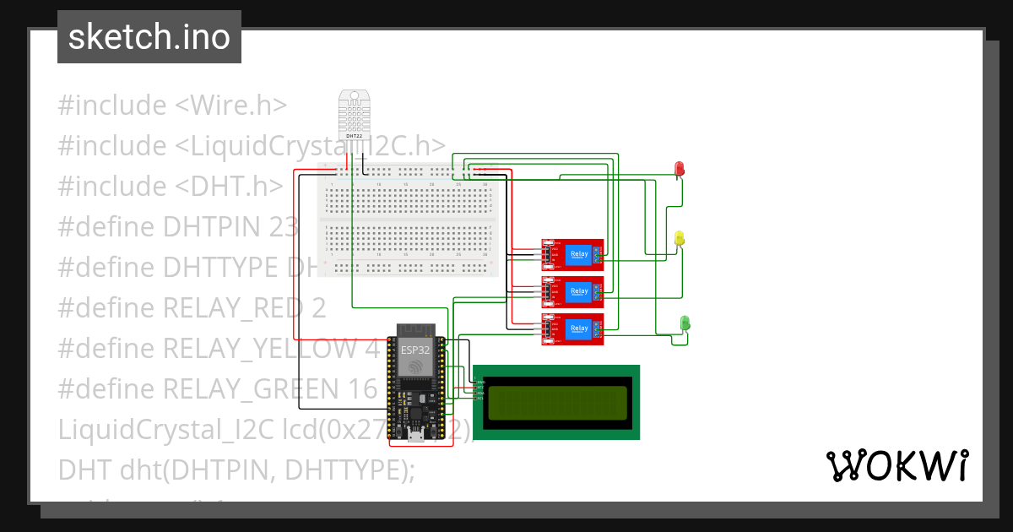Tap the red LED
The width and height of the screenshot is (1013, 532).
click(x=680, y=169)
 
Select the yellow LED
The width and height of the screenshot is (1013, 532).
click(x=680, y=239)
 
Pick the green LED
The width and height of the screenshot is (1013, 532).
click(x=685, y=323)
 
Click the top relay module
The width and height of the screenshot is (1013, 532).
click(x=572, y=254)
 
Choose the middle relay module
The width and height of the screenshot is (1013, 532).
click(x=572, y=292)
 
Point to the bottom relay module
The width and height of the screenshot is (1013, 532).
click(x=572, y=329)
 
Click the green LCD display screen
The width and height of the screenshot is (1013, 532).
click(x=556, y=402)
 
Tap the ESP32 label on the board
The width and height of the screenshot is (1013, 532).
click(x=414, y=350)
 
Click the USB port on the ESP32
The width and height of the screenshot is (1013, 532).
click(x=414, y=436)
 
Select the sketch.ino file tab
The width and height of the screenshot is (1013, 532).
click(x=149, y=37)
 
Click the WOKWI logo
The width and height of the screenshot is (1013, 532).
click(x=897, y=465)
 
